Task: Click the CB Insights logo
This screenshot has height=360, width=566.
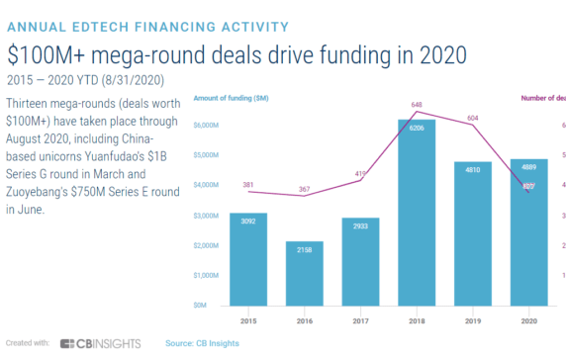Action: (100, 343)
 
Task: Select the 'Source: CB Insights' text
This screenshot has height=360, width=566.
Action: (202, 343)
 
